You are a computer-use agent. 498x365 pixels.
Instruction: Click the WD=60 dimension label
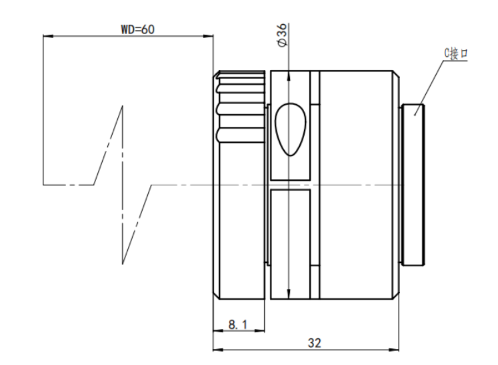click(138, 29)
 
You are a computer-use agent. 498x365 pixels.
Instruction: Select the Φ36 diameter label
click(283, 35)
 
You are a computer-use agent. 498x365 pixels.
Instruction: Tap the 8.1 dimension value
click(237, 324)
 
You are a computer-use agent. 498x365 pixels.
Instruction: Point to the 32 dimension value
click(315, 343)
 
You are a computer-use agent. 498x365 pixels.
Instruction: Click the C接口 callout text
click(456, 53)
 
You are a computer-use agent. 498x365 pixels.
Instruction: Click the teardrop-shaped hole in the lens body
click(290, 129)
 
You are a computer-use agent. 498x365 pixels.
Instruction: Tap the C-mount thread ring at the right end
click(413, 185)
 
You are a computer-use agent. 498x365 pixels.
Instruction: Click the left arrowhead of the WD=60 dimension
click(47, 36)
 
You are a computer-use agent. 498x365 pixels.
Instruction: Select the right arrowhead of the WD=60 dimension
click(209, 36)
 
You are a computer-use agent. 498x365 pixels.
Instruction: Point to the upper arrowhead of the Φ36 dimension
click(289, 75)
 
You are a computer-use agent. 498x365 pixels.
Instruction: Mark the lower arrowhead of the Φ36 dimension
click(289, 294)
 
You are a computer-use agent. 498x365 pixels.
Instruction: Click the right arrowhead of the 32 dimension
click(394, 350)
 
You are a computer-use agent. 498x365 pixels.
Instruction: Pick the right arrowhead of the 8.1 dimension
click(260, 331)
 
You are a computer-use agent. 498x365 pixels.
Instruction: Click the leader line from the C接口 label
click(429, 88)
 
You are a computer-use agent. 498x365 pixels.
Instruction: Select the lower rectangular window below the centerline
click(290, 244)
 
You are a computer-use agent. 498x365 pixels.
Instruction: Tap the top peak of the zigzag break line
click(122, 106)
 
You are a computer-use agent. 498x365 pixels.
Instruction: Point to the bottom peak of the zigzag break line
click(123, 264)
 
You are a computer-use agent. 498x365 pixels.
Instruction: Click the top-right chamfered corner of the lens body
click(396, 74)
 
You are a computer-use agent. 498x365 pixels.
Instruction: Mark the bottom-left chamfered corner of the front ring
click(216, 296)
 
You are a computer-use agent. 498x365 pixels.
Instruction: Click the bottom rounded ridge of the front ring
click(241, 135)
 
